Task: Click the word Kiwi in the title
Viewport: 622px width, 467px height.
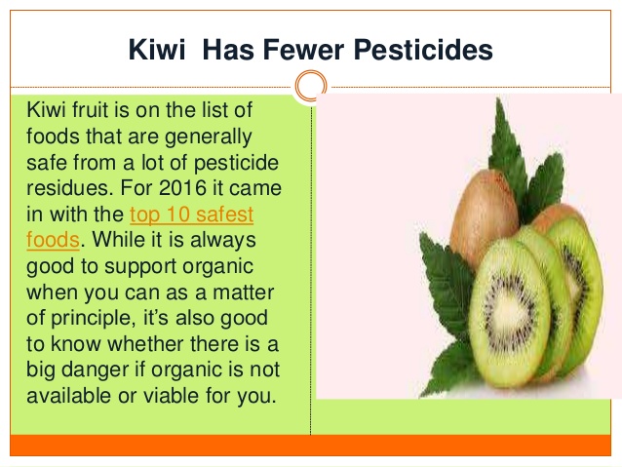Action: (157, 50)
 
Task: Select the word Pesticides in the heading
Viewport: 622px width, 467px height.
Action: (423, 50)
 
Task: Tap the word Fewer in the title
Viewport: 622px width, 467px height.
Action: (303, 50)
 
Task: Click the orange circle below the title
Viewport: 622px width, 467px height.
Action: (311, 86)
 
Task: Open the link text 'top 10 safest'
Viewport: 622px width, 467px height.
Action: (192, 214)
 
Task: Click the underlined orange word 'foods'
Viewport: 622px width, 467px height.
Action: (54, 240)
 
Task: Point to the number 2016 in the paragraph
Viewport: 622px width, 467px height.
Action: (183, 187)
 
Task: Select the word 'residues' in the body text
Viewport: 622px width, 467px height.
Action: (67, 187)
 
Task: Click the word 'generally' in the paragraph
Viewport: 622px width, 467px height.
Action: (209, 137)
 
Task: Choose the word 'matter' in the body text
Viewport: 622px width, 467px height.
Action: (243, 292)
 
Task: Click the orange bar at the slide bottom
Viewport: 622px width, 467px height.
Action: (311, 446)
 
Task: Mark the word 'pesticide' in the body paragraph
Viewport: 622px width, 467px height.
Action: (236, 163)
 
